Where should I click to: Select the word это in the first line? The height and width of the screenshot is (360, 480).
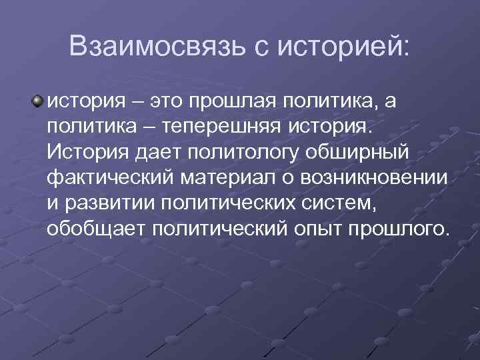coord(169,101)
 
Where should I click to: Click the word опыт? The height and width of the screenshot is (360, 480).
coord(309,228)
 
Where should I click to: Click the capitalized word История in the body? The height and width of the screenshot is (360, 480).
coord(85,152)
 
